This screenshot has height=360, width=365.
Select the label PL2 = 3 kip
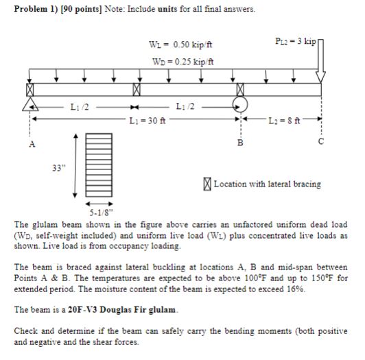(294, 43)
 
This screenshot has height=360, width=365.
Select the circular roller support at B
(239, 105)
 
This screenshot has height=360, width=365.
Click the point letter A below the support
(30, 145)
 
